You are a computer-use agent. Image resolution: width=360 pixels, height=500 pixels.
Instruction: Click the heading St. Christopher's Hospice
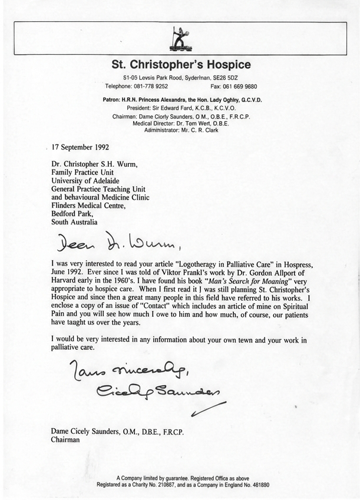[181, 64]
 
